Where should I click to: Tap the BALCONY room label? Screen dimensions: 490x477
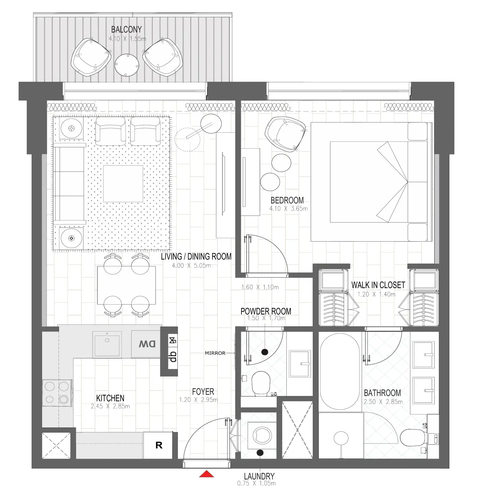[126, 29]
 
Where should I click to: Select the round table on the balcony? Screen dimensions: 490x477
[127, 65]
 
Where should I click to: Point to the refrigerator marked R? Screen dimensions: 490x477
[158, 445]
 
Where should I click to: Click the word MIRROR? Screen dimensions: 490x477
[215, 353]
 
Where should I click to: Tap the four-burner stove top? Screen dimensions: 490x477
[57, 393]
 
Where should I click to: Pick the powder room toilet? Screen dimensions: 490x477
[261, 383]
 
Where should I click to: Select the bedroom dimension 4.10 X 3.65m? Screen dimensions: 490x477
[288, 209]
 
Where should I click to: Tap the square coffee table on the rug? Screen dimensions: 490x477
[123, 184]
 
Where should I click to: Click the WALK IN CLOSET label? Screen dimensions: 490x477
[378, 285]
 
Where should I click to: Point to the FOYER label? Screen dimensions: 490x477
[203, 392]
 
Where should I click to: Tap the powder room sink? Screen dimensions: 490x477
[300, 363]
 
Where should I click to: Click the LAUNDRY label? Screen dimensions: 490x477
[259, 476]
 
